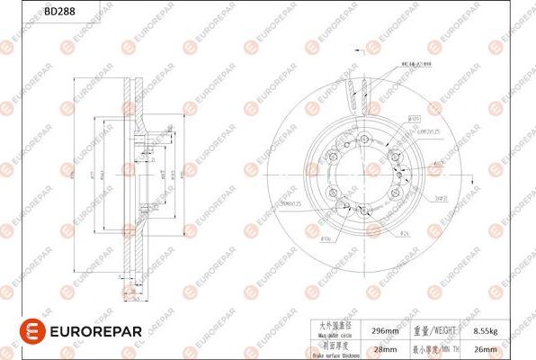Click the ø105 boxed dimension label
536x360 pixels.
point(415,118)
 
